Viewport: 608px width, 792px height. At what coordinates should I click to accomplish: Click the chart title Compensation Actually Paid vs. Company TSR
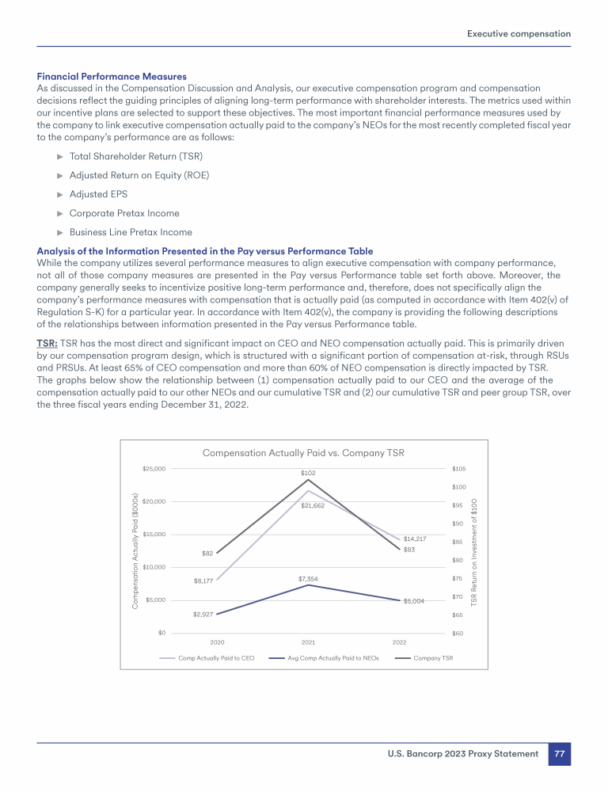click(303, 453)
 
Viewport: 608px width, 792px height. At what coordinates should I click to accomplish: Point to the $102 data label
click(308, 473)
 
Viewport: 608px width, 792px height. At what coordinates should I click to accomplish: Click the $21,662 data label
click(313, 505)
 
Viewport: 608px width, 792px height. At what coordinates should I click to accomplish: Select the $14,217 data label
click(415, 539)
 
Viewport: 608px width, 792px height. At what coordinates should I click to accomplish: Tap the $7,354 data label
click(308, 579)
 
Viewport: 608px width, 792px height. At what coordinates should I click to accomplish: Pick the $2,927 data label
click(204, 614)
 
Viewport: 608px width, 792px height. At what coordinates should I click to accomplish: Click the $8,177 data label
click(204, 581)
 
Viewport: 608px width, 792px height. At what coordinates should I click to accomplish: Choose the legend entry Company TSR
click(433, 657)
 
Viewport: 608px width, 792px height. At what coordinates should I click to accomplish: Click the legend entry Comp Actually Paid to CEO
click(216, 657)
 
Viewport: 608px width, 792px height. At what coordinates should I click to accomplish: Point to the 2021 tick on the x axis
click(308, 642)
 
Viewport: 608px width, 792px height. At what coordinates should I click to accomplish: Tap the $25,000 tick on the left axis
click(154, 469)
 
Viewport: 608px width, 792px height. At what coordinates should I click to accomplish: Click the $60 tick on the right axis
click(458, 633)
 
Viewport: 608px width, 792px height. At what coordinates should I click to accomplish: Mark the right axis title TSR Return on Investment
click(474, 552)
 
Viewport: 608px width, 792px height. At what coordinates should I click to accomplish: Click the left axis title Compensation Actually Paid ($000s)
click(135, 551)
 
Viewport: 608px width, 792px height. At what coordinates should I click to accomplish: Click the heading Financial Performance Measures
click(112, 77)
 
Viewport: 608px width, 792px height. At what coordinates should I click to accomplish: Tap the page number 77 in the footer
click(559, 754)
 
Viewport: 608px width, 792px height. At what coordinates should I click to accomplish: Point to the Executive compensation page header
click(519, 34)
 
